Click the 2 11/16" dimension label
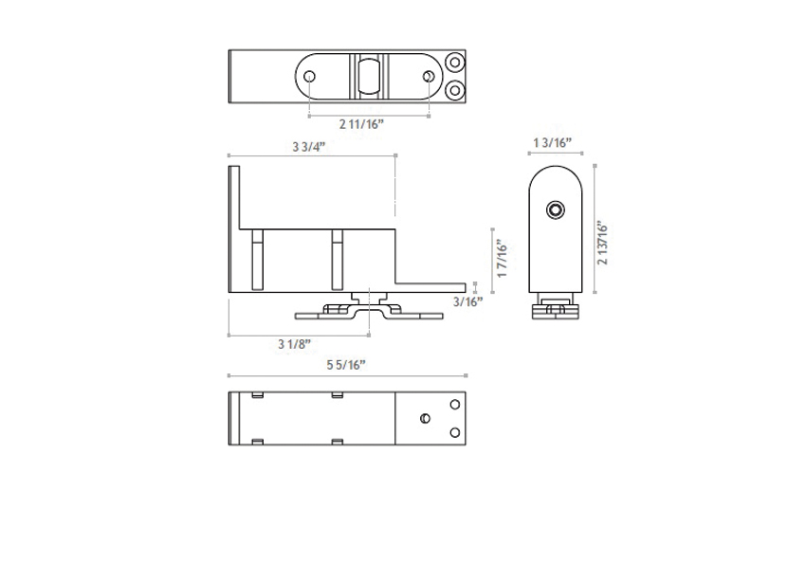coord(361,124)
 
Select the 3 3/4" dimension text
coord(309,146)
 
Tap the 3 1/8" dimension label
coord(294,344)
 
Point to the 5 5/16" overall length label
coord(346,364)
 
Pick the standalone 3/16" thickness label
coord(467,301)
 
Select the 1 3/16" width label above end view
coord(556,142)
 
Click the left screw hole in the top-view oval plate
coord(310,78)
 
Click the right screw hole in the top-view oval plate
coord(430,78)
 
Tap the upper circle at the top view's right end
coord(455,64)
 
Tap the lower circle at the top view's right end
coord(455,91)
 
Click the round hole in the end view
coord(557,209)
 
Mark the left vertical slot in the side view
coord(255,259)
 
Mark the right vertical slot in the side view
coord(337,259)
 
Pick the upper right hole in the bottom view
coord(455,404)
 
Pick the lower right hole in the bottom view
coord(455,432)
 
